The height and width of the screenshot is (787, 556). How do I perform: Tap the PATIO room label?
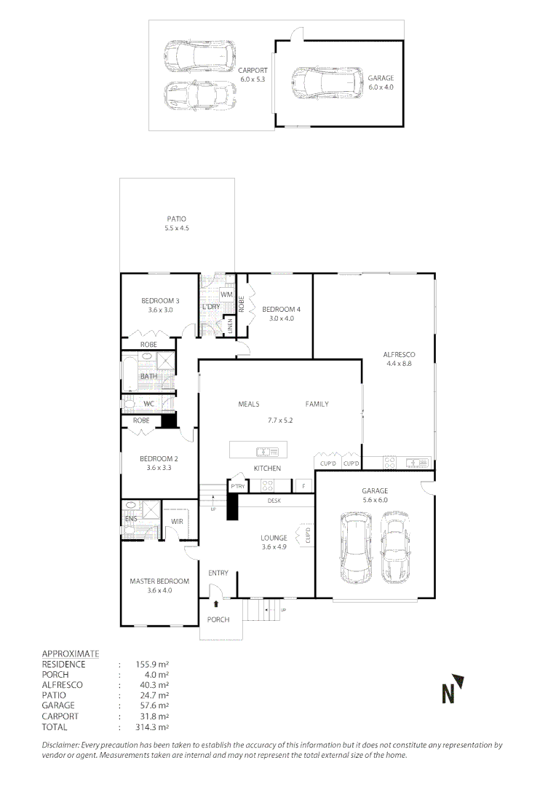point(176,219)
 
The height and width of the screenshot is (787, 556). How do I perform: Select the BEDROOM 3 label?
point(160,301)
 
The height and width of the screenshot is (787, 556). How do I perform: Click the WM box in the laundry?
point(226,294)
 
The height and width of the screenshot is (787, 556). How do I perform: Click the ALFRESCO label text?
point(398,356)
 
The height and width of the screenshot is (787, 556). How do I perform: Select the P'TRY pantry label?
point(237,485)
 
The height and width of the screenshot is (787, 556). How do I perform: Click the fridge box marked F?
point(303,485)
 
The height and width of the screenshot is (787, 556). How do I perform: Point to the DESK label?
point(274,501)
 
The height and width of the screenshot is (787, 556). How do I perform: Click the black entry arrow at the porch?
point(216,603)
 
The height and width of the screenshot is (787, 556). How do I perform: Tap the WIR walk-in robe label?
point(177,521)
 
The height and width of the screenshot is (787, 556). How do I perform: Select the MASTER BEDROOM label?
point(159,581)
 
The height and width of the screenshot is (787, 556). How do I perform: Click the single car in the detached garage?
point(327,83)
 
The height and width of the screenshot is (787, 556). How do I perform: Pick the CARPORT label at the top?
point(253,70)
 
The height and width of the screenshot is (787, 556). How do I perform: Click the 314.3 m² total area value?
point(152,727)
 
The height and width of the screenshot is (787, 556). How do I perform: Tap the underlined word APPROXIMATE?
point(71,654)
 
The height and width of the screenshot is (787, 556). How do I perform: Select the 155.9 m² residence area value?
point(152,665)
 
